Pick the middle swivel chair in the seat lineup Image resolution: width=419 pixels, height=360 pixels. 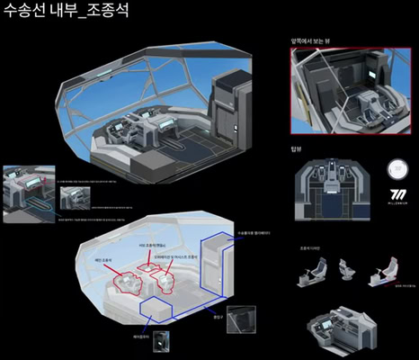(x=346, y=267)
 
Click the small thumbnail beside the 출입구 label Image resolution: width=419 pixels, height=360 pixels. (x=242, y=320)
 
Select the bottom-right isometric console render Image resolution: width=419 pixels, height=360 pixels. (x=343, y=325)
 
